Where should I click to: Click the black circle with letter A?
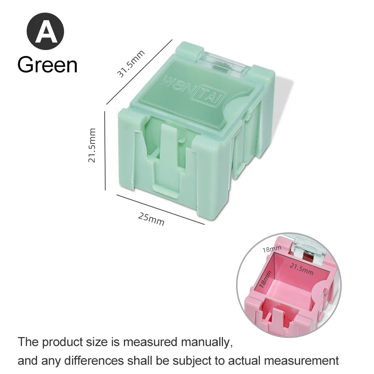(45, 31)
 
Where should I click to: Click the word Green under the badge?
(48, 65)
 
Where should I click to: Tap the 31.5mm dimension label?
(131, 64)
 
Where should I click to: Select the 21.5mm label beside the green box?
(92, 145)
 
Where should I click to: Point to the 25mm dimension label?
(151, 219)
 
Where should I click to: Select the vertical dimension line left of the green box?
(105, 151)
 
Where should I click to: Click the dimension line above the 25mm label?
(160, 209)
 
